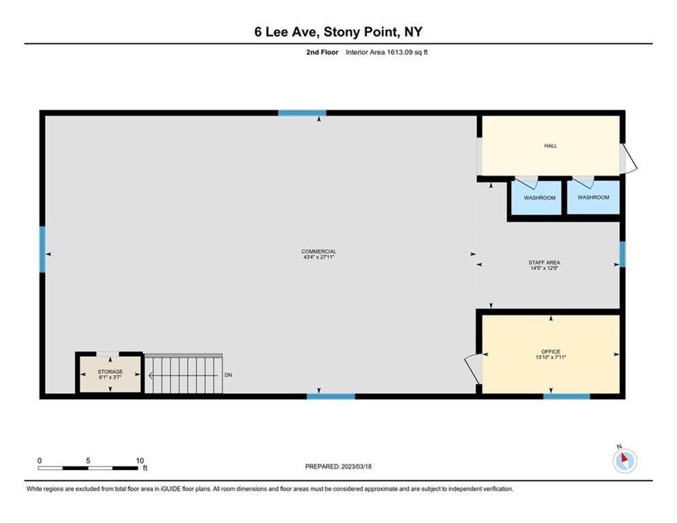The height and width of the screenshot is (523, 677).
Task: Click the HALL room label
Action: (550, 146)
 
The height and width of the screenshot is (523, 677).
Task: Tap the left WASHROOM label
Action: (540, 198)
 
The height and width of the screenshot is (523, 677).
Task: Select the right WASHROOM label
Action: (593, 197)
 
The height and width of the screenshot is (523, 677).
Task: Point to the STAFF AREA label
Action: (544, 262)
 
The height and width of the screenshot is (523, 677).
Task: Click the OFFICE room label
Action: (550, 352)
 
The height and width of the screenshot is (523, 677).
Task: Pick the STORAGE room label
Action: (110, 372)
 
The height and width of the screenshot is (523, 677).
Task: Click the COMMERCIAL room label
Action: (318, 251)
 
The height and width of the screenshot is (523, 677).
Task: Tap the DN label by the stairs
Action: (229, 375)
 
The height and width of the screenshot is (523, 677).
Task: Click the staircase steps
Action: (184, 374)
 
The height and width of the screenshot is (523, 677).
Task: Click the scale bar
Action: (88, 468)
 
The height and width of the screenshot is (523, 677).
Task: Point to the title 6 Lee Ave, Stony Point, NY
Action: (339, 31)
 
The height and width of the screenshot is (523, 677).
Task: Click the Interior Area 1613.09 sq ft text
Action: (386, 52)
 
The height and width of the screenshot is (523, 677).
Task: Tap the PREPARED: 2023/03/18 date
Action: (339, 466)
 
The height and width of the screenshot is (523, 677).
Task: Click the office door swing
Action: (472, 368)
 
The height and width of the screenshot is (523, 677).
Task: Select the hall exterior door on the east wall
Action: (628, 159)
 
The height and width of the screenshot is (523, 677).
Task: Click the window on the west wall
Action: (42, 249)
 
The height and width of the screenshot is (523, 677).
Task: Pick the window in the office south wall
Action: (567, 396)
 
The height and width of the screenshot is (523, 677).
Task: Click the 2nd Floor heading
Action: (322, 52)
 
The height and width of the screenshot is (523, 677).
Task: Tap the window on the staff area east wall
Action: (622, 254)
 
